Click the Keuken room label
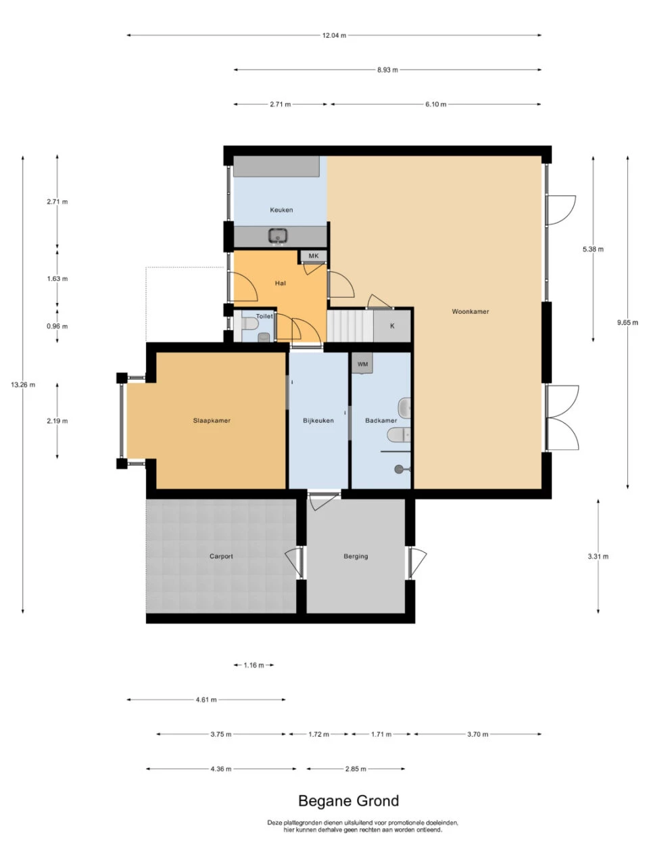pyautogui.click(x=281, y=210)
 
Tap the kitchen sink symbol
pyautogui.click(x=278, y=236)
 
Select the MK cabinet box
pyautogui.click(x=314, y=256)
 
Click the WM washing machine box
pyautogui.click(x=362, y=364)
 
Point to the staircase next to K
pyautogui.click(x=350, y=326)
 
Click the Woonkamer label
pyautogui.click(x=470, y=312)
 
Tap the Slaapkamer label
pyautogui.click(x=212, y=421)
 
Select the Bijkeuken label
pyautogui.click(x=318, y=421)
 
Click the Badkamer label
pyautogui.click(x=381, y=421)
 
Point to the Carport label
pyautogui.click(x=221, y=557)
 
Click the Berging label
pyautogui.click(x=356, y=557)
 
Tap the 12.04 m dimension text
pyautogui.click(x=334, y=35)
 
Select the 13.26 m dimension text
pyautogui.click(x=23, y=385)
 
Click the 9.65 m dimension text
pyautogui.click(x=627, y=323)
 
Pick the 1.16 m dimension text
pyautogui.click(x=254, y=666)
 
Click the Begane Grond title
pyautogui.click(x=348, y=801)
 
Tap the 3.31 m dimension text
pyautogui.click(x=598, y=557)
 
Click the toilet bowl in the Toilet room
pyautogui.click(x=250, y=324)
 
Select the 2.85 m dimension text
pyautogui.click(x=356, y=769)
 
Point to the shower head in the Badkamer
pyautogui.click(x=400, y=469)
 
